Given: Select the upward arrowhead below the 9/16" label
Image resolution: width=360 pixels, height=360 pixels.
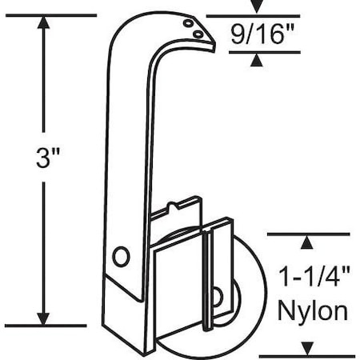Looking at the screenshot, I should [256, 60].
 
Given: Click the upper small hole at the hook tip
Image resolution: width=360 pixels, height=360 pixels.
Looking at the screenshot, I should [189, 25].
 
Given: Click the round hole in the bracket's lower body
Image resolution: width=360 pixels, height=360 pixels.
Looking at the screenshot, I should [120, 256].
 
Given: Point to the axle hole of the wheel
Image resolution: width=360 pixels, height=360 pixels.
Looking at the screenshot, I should [216, 297].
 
